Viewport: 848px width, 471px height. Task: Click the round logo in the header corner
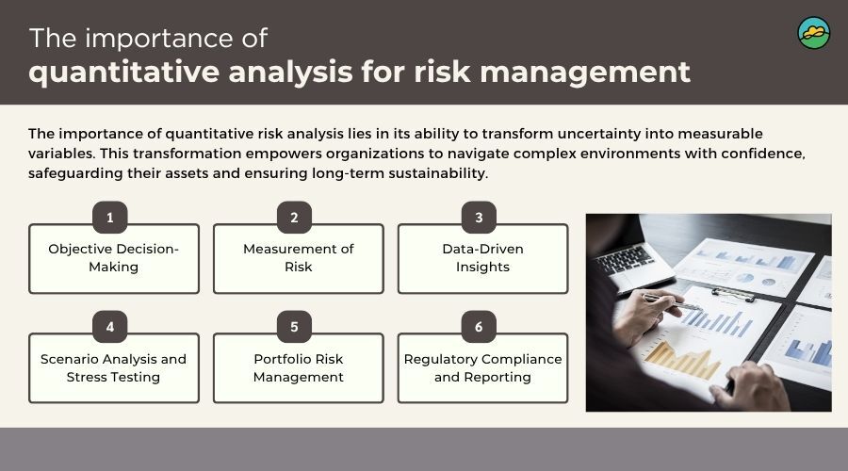tap(814, 33)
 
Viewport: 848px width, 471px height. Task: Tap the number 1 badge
tap(110, 218)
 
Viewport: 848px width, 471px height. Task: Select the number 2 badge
tap(294, 218)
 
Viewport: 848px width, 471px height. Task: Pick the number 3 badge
tap(479, 218)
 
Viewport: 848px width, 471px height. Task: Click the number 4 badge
tap(110, 327)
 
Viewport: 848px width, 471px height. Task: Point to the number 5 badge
tap(294, 327)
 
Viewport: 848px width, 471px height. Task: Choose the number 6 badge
tap(479, 327)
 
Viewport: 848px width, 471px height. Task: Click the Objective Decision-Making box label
tap(114, 258)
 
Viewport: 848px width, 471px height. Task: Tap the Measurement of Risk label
tap(299, 258)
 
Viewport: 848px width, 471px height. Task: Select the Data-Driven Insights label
tap(483, 258)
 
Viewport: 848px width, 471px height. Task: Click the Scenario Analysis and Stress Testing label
tap(114, 367)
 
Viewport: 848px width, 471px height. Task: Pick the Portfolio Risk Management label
tap(299, 367)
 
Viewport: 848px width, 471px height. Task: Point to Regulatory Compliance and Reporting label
tap(483, 367)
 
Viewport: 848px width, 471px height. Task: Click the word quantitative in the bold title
tap(123, 73)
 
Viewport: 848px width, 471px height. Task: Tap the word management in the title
tap(585, 72)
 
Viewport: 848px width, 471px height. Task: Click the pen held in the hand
tap(671, 301)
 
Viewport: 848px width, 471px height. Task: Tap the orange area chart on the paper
tap(682, 361)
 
